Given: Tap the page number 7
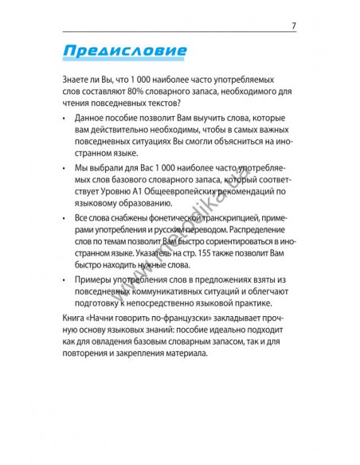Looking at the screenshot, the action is pyautogui.click(x=294, y=25).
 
